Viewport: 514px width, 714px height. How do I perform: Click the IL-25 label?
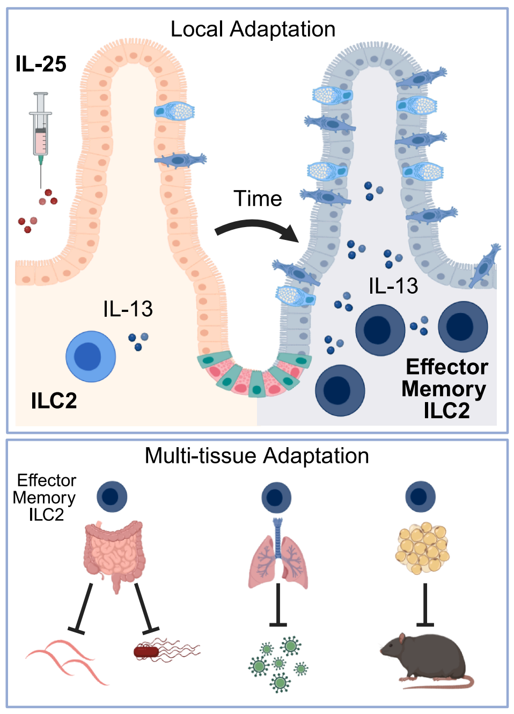coord(41,64)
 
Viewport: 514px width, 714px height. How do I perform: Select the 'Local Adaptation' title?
coord(253,30)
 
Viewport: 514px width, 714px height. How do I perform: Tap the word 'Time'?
coord(258,199)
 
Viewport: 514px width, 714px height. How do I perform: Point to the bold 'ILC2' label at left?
coord(54,401)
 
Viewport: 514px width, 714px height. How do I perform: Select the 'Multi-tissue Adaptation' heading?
coord(256,456)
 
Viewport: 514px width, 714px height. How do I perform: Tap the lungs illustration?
coord(278,558)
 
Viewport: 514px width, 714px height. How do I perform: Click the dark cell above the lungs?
coord(276,497)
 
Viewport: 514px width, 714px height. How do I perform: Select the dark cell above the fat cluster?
coord(420,496)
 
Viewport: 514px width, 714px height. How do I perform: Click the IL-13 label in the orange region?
coord(128,309)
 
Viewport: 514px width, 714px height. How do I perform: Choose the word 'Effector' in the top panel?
coord(447,367)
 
